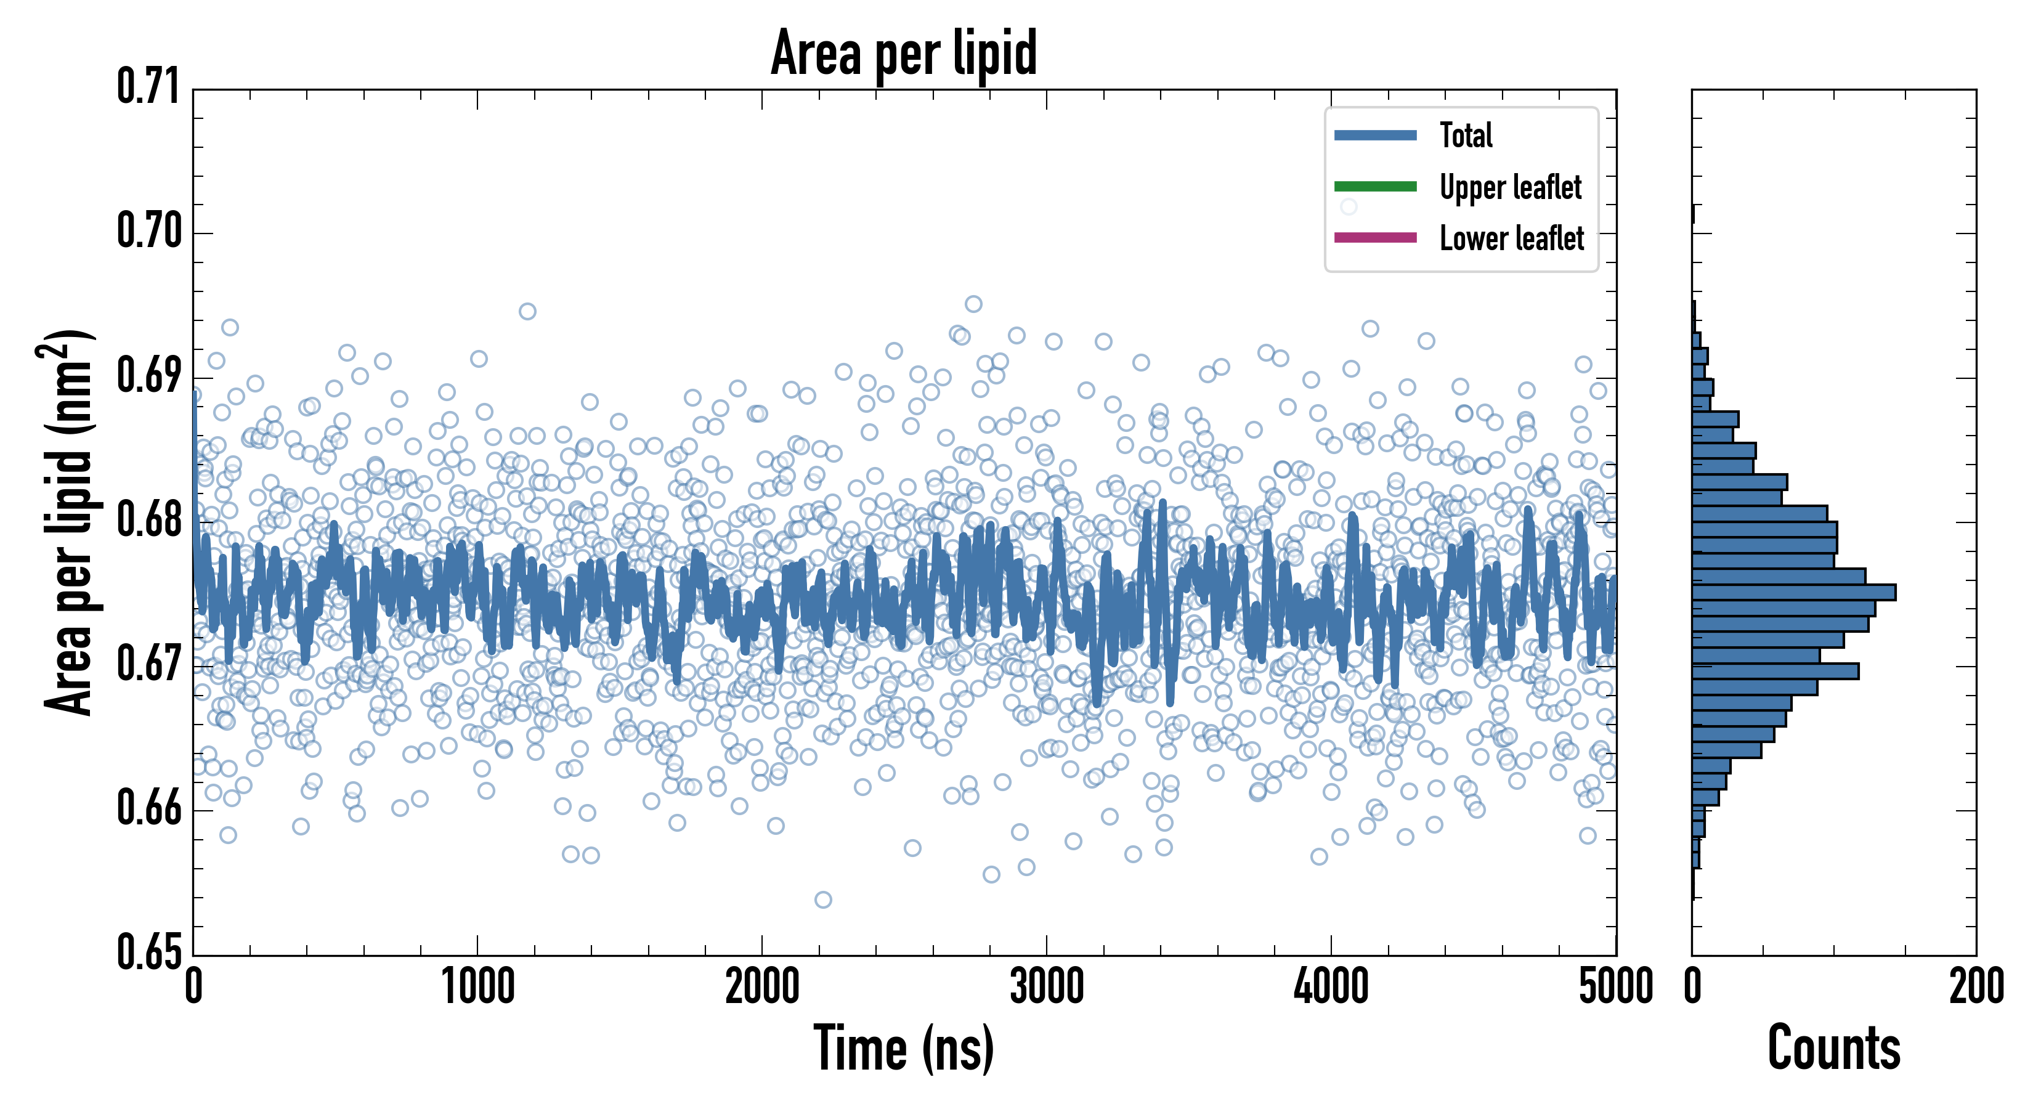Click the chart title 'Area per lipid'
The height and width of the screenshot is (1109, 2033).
tap(904, 53)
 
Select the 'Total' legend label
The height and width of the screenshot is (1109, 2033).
tap(1466, 135)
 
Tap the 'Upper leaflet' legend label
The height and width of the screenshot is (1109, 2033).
tap(1510, 187)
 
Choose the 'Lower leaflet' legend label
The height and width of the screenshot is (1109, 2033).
tap(1511, 238)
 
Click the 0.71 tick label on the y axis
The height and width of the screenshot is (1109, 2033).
tap(149, 87)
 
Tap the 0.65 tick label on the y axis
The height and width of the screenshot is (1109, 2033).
tap(149, 952)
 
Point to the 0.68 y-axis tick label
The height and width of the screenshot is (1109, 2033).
tap(149, 520)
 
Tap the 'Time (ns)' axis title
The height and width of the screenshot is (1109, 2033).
tap(904, 1049)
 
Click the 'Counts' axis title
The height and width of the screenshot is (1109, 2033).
tap(1834, 1049)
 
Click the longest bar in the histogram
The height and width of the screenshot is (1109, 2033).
tap(1793, 592)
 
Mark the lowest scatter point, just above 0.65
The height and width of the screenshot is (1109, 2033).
tap(823, 900)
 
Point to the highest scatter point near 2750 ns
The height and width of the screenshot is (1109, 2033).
tap(974, 304)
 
